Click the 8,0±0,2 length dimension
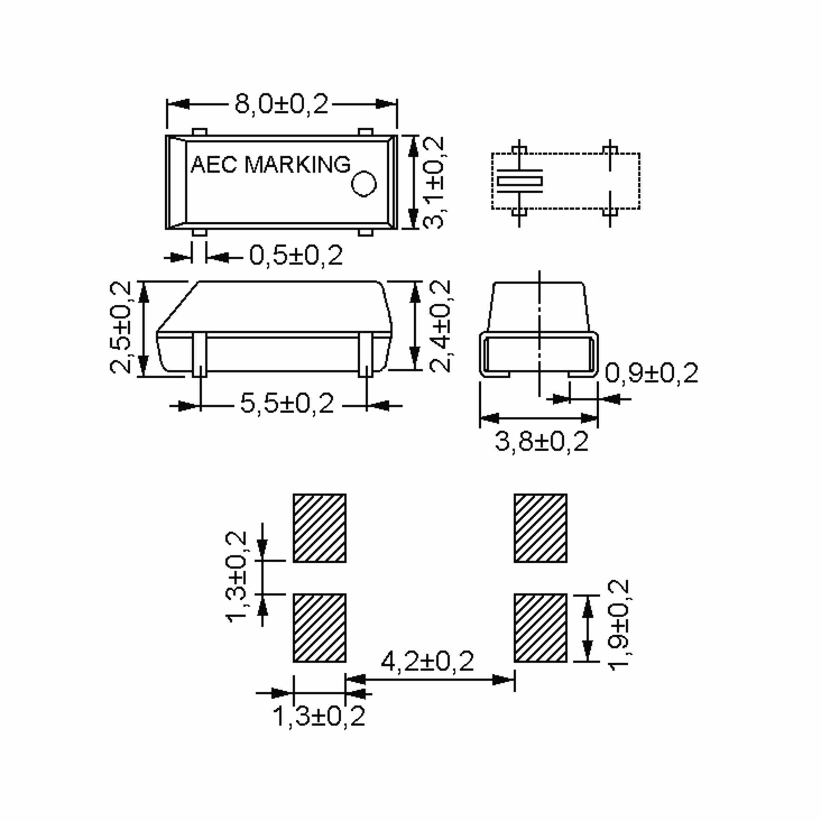[x=281, y=104]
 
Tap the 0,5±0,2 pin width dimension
[x=296, y=256]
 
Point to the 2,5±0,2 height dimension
[x=120, y=328]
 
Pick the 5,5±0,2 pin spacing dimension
[x=287, y=403]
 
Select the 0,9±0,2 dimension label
[x=651, y=374]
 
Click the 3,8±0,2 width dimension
[x=542, y=442]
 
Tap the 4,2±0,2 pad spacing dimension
[x=427, y=662]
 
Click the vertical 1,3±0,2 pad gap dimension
[x=236, y=577]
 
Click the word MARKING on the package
[x=298, y=165]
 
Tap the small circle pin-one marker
[x=364, y=184]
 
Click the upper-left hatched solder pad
[x=320, y=528]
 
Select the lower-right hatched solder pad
[x=540, y=628]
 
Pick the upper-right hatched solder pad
[x=540, y=528]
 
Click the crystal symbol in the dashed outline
[x=520, y=181]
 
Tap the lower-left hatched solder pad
[x=320, y=628]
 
